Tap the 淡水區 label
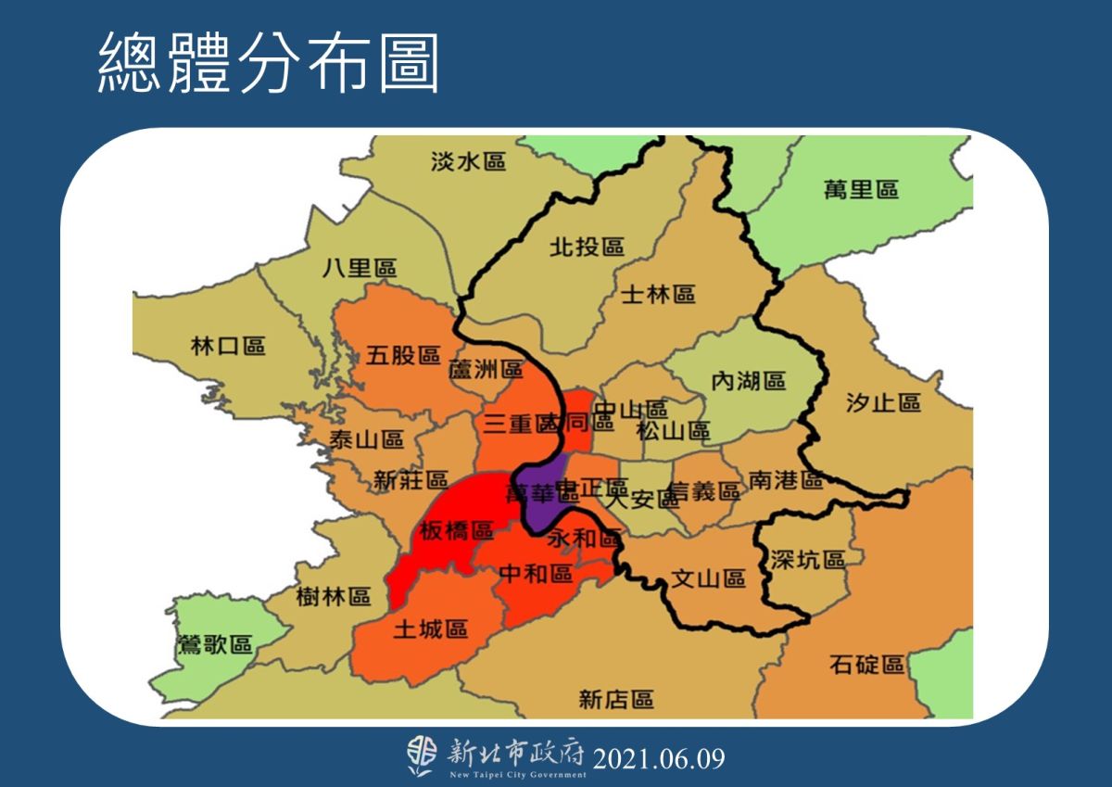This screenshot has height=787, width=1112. pos(469,162)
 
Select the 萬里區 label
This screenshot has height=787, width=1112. pos(861,190)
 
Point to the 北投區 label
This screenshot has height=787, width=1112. pos(587,247)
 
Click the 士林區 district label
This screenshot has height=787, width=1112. pos(658,294)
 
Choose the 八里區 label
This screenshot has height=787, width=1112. pos(360,269)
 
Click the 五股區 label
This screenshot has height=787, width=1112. pos(402,355)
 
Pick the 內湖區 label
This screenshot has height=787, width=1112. pos(748,381)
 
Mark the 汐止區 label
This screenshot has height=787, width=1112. pos(883,402)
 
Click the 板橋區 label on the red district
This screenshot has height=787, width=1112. pos(456,531)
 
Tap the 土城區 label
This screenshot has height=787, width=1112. pos(430,629)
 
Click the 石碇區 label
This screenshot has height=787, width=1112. pos(867,665)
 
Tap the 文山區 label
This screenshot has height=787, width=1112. pos(708,579)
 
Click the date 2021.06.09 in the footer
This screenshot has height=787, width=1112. pos(658,759)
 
